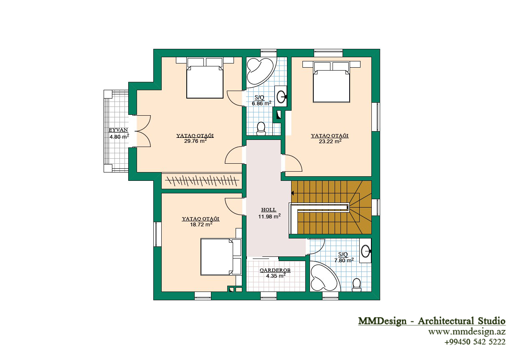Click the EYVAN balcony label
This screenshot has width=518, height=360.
pyautogui.click(x=118, y=130)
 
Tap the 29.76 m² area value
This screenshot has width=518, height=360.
pyautogui.click(x=196, y=141)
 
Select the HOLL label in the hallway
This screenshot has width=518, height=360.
pyautogui.click(x=269, y=210)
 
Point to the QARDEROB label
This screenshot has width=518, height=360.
pyautogui.click(x=275, y=270)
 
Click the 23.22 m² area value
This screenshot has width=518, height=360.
pyautogui.click(x=330, y=141)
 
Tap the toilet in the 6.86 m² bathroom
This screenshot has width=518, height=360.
pyautogui.click(x=261, y=129)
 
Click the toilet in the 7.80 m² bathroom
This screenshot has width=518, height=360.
pyautogui.click(x=357, y=285)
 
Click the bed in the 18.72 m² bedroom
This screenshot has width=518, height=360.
pyautogui.click(x=221, y=257)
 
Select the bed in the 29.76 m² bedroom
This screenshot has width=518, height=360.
pyautogui.click(x=205, y=78)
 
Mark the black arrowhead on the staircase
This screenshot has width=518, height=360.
pyautogui.click(x=292, y=193)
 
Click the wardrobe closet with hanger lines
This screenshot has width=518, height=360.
pyautogui.click(x=202, y=181)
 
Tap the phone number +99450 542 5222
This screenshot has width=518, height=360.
pyautogui.click(x=475, y=342)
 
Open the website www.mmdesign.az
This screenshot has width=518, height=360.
pyautogui.click(x=467, y=332)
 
